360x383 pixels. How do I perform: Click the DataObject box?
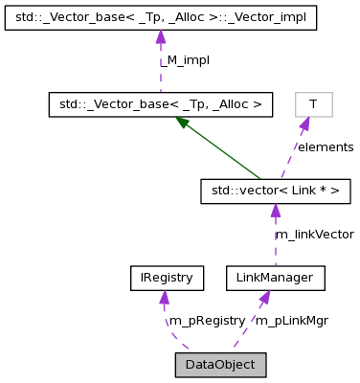point(219,364)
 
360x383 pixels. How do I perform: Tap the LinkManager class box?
point(276,279)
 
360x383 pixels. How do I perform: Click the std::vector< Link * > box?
point(275,192)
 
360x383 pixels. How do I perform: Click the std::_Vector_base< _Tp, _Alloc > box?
point(162,102)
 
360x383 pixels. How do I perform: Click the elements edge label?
point(326,147)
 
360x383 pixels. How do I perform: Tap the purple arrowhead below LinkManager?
point(262,299)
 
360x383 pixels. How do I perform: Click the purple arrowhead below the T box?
point(304,124)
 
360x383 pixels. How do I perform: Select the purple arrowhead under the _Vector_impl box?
point(161,36)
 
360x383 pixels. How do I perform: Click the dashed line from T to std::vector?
point(293,153)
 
